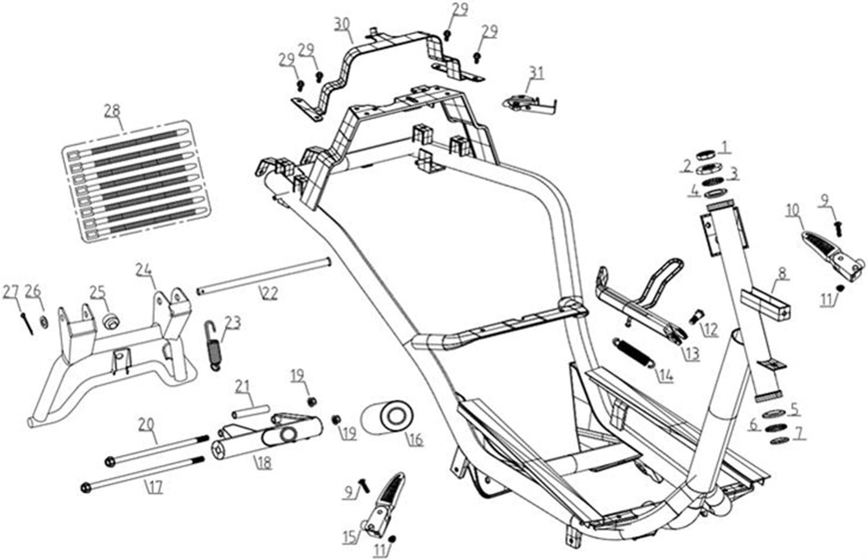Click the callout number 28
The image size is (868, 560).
[x=112, y=111]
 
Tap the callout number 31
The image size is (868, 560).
[x=536, y=73]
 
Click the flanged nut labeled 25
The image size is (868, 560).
[x=110, y=322]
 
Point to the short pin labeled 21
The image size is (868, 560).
[x=251, y=412]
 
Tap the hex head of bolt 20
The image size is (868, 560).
[x=110, y=462]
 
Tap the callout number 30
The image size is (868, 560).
[x=343, y=26]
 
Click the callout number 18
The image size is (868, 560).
[x=264, y=462]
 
